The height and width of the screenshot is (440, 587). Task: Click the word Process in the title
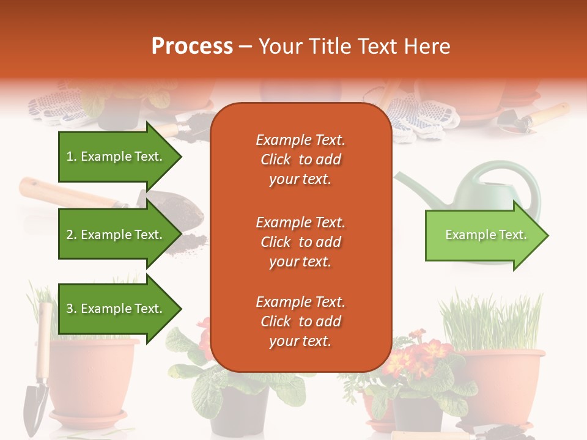[192, 46]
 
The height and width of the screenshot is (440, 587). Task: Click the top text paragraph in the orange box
[300, 159]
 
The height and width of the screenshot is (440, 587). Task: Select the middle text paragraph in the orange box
[300, 242]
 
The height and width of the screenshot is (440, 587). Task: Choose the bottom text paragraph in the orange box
[300, 321]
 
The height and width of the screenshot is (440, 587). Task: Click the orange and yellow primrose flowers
[422, 354]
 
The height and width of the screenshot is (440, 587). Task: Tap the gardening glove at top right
[422, 116]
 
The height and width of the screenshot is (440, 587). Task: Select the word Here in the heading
[427, 46]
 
